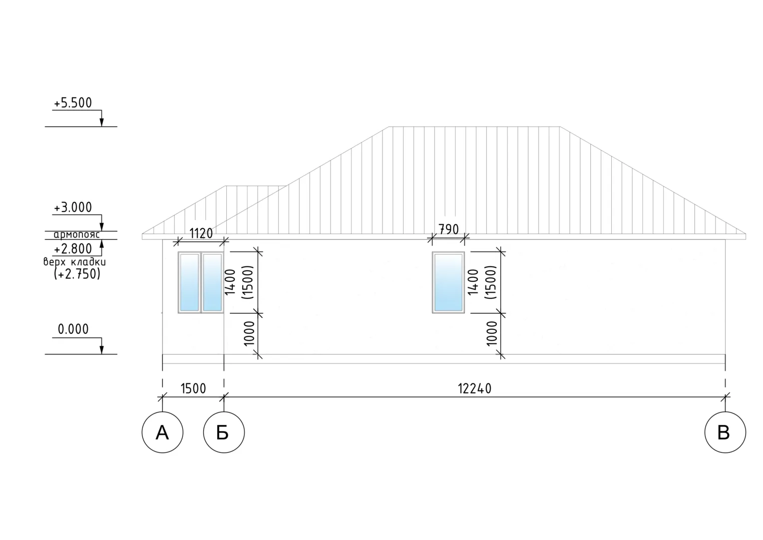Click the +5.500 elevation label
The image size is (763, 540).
[73, 103]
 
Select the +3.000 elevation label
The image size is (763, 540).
[73, 207]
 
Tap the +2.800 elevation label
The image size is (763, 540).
[73, 249]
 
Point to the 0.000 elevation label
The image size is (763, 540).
[73, 329]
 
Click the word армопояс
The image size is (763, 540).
[76, 234]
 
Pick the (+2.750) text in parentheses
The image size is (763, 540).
[77, 274]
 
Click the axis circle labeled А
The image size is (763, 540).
[162, 432]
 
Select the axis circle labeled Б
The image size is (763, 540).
[224, 432]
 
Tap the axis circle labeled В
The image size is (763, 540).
[725, 432]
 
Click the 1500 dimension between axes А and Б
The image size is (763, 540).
[193, 388]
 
